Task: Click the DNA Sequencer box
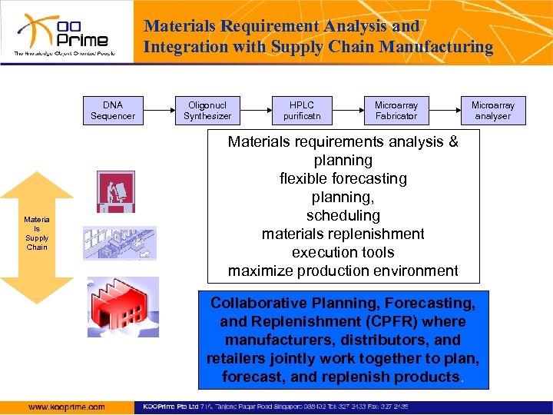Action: click(113, 111)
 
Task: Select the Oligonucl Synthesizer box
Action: click(207, 111)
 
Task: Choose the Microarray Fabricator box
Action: click(396, 111)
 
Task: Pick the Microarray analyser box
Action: click(493, 111)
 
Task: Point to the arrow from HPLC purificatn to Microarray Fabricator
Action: click(345, 111)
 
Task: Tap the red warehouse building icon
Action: click(123, 307)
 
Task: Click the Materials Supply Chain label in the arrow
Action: click(36, 234)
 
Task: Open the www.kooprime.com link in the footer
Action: click(67, 407)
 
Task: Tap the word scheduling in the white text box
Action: click(343, 216)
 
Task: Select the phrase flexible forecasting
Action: click(343, 179)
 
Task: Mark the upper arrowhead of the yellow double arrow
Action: click(36, 184)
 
